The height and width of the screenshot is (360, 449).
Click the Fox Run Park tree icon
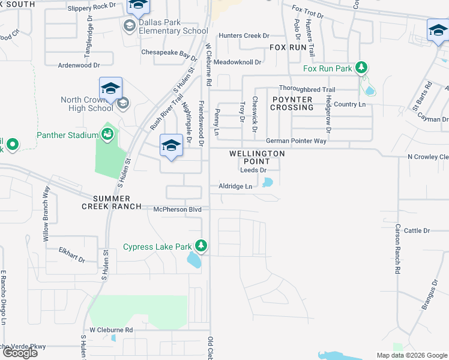tap(361, 68)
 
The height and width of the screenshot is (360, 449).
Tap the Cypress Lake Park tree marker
tap(202, 246)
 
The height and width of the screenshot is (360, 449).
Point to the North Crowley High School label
tap(86, 104)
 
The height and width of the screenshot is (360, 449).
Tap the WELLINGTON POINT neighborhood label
tap(257, 158)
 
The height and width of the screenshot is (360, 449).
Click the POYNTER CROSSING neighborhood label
tap(292, 103)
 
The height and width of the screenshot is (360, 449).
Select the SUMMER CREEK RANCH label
tap(117, 202)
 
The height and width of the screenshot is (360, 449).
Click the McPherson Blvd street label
tap(176, 209)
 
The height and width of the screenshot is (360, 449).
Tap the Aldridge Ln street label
tap(235, 187)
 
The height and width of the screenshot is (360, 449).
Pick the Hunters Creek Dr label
tap(244, 36)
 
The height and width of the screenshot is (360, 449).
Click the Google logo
tap(20, 352)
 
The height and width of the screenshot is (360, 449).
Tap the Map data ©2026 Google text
tap(411, 355)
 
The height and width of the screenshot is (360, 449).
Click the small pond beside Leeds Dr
tap(267, 182)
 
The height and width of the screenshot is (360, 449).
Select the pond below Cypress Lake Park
tap(194, 260)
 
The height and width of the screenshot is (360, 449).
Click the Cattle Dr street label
tap(417, 230)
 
